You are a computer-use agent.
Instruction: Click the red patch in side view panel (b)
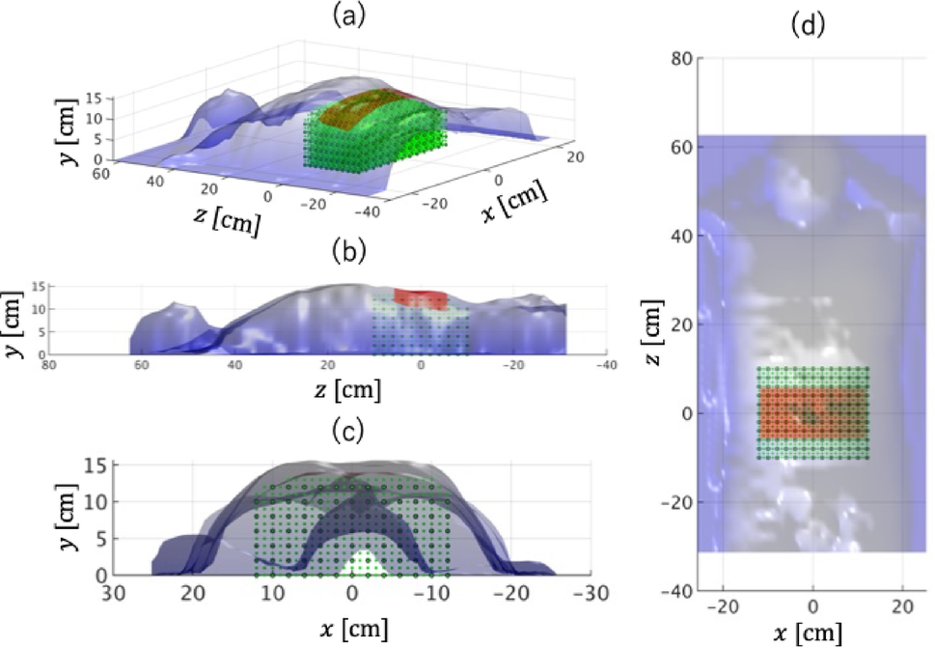(x=423, y=297)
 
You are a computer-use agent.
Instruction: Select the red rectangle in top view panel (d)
(x=812, y=413)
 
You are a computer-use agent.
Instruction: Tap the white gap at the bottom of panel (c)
(x=360, y=564)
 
